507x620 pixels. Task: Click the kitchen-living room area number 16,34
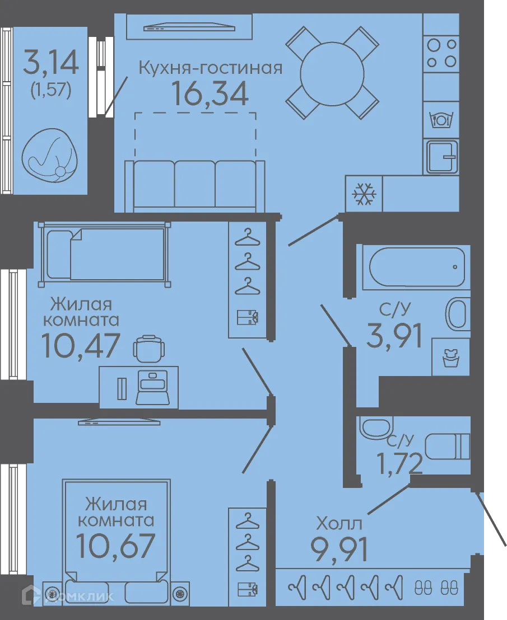(211, 93)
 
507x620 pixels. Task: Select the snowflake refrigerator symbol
(364, 194)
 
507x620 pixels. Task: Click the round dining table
(332, 73)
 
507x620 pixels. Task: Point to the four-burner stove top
(441, 53)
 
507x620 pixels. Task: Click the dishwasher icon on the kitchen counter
(441, 119)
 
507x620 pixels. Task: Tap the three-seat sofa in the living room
(195, 186)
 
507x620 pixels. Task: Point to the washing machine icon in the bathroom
(450, 358)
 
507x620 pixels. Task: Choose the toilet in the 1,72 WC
(448, 447)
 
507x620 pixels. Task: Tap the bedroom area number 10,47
(80, 345)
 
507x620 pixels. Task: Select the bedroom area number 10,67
(115, 546)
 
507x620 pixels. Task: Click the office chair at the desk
(149, 349)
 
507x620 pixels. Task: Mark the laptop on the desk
(152, 387)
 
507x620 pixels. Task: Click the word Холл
(339, 524)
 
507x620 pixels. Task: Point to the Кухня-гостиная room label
(211, 68)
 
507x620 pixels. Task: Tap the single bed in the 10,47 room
(105, 254)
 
